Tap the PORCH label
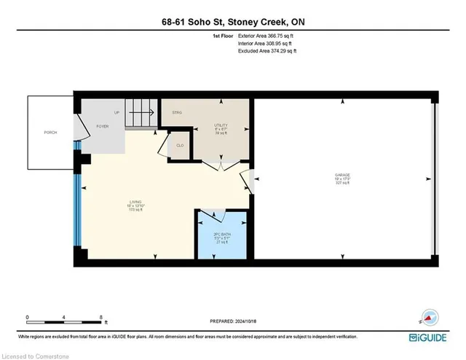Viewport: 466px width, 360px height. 50,132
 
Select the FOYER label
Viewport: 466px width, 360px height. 102,126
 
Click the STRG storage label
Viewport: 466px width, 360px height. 176,113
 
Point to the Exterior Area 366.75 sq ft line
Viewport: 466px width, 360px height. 268,36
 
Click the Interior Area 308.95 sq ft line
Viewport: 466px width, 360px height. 267,44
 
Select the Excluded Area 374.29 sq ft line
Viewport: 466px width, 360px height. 268,51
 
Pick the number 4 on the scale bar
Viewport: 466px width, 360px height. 64,316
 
